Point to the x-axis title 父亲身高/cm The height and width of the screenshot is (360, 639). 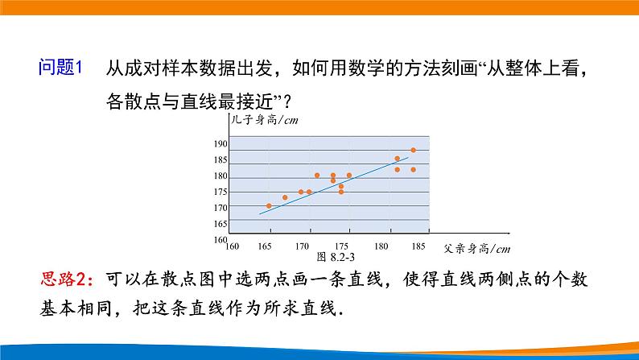click(476, 248)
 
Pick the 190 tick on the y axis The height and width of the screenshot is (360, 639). click(221, 144)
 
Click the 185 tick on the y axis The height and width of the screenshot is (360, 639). click(221, 160)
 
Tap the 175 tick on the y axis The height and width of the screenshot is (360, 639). click(221, 192)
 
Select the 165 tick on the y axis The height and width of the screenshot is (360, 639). click(221, 223)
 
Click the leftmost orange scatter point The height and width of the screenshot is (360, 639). click(269, 205)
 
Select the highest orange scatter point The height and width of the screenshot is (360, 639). click(413, 150)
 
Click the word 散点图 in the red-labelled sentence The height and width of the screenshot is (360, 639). click(190, 280)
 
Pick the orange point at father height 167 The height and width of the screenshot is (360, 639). click(285, 197)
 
